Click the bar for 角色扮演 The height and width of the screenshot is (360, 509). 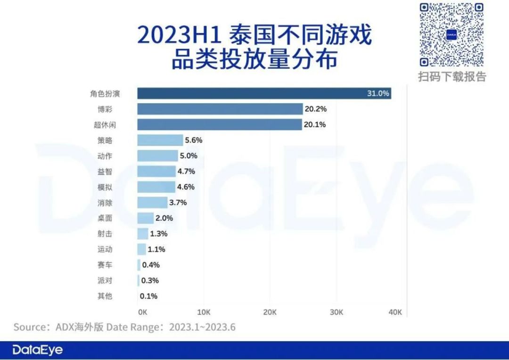pos(264,93)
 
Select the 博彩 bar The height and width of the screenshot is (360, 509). pos(220,109)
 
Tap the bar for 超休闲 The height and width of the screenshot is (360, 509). pos(220,124)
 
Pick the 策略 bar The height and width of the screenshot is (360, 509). pos(160,140)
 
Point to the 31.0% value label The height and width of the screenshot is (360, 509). pos(378,93)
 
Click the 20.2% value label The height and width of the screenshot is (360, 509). pos(316,109)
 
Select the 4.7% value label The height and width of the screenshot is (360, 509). pos(186,171)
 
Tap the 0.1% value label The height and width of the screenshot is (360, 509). pos(148,296)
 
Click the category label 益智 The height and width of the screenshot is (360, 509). pos(105,171)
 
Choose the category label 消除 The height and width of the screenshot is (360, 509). pos(105,203)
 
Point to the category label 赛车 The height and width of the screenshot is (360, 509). pos(105,265)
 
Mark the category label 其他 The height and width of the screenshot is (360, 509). pos(105,296)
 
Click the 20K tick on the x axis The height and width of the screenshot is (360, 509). pos(270,312)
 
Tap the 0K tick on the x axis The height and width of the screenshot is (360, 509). pos(143,312)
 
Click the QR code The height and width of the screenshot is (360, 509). pos(452,35)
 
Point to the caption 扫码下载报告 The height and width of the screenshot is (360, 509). pos(452,76)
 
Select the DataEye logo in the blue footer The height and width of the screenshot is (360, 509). pos(38,350)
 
